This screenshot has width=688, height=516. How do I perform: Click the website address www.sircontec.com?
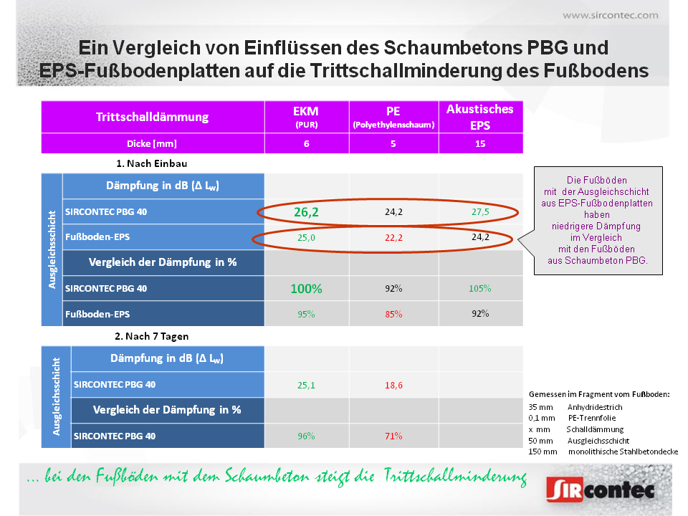610,15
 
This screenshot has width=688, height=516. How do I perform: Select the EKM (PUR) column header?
306,117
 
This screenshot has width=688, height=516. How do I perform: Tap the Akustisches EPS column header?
479,116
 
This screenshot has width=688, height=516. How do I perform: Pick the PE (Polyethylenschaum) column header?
393,117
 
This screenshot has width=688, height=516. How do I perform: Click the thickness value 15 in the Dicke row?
479,143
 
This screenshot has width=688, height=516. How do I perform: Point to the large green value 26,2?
306,212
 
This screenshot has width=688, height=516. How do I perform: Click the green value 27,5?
479,212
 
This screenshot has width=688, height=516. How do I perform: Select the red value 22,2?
393,237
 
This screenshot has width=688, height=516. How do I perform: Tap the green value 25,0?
306,237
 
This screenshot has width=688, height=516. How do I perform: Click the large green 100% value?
306,289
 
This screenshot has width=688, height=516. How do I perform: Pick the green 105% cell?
479,288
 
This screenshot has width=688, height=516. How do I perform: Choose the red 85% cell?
393,314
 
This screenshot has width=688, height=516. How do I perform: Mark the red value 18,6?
393,385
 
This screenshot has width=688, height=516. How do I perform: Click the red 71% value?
393,436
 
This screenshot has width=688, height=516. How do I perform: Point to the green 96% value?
306,436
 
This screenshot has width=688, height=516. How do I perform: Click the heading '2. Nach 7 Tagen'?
151,336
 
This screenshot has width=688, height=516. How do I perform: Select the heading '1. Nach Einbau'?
151,163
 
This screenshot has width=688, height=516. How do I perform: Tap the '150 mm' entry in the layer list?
543,451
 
